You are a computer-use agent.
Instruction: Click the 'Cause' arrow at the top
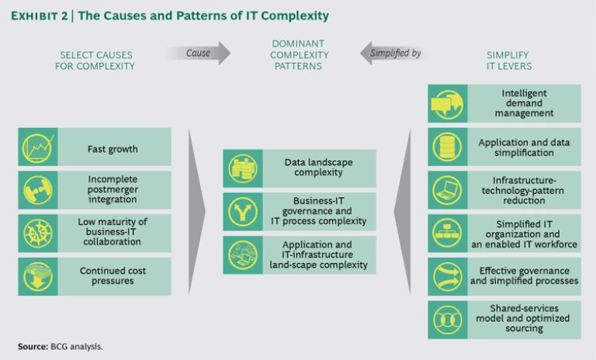[198, 53]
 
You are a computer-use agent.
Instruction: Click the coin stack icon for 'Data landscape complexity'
[241, 168]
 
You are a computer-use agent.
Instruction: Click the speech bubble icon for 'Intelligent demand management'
[445, 103]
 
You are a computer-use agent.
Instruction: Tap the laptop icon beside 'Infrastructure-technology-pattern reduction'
[445, 189]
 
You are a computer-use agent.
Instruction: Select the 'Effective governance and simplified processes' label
[525, 275]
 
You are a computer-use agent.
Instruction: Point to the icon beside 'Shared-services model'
[445, 318]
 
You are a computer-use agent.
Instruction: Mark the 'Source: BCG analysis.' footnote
[60, 346]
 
